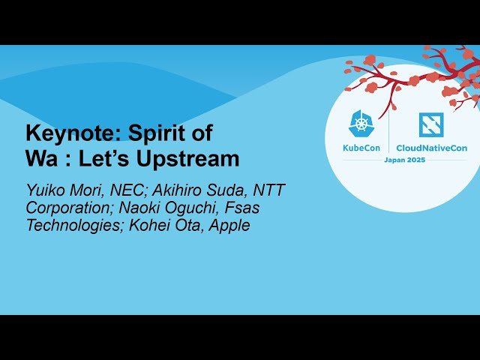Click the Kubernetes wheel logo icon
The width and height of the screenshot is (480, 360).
click(x=362, y=124)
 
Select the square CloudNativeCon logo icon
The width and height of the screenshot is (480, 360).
click(x=430, y=124)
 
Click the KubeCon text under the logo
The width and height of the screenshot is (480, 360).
click(x=362, y=148)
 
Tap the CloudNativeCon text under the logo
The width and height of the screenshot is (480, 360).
click(x=430, y=148)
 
